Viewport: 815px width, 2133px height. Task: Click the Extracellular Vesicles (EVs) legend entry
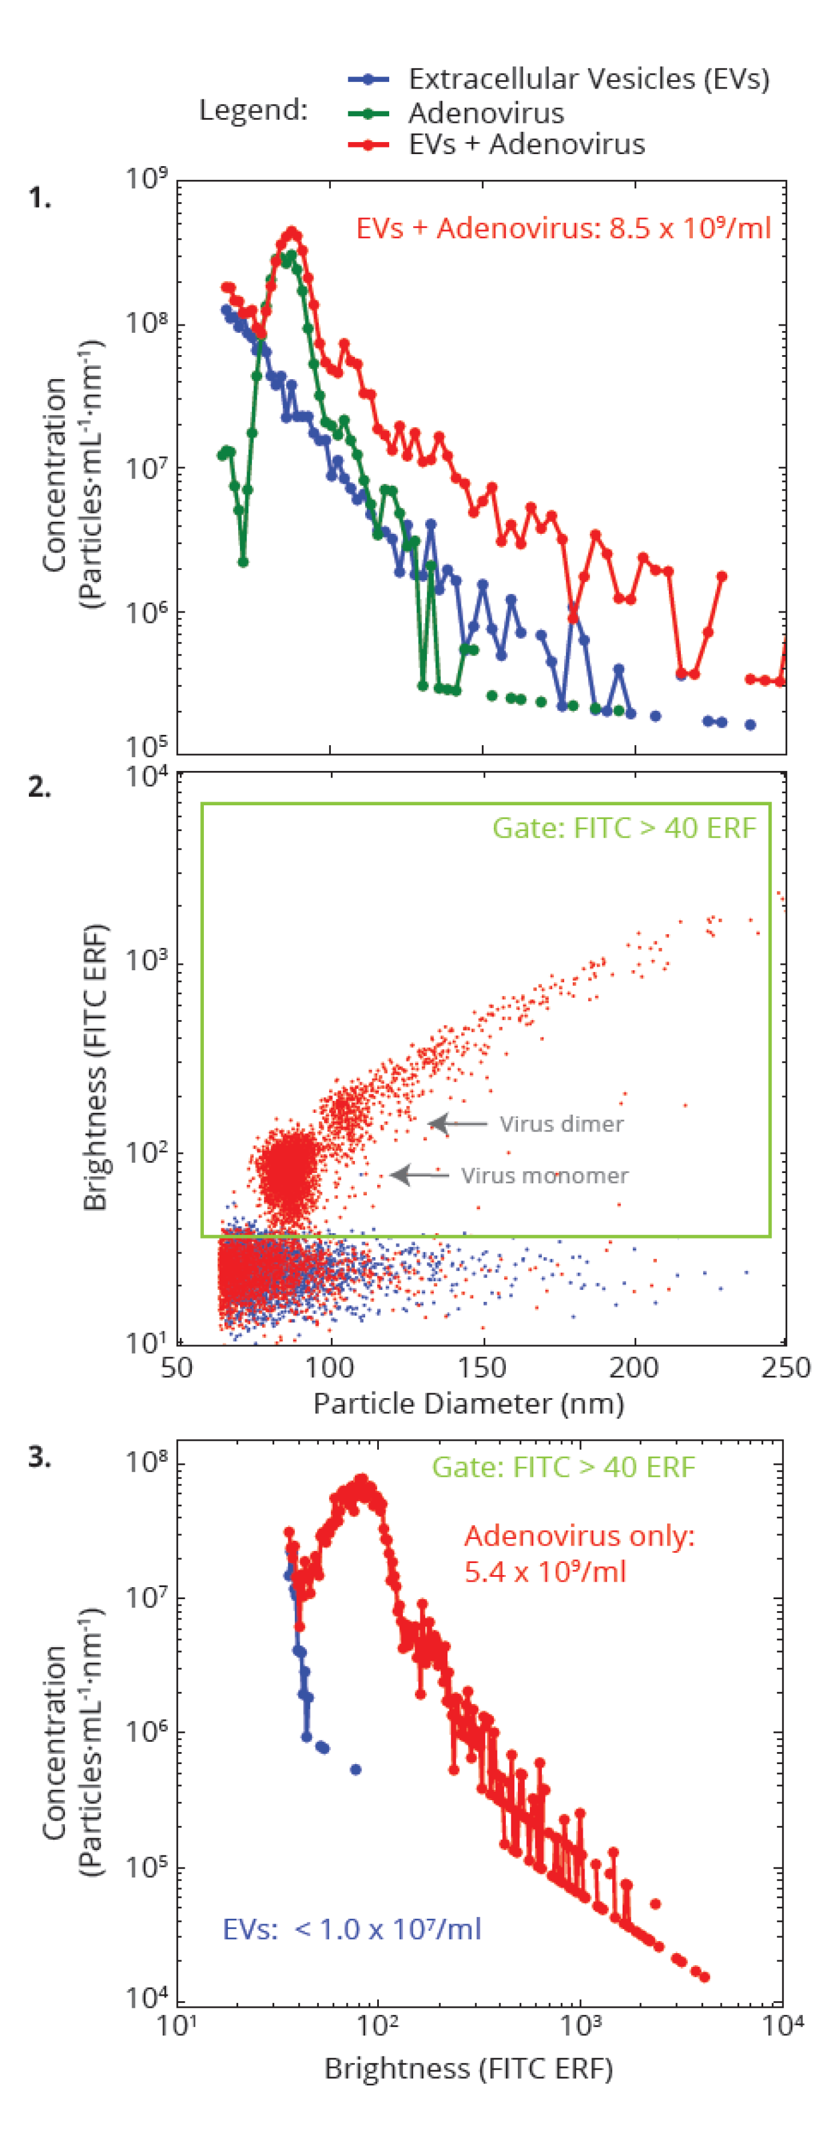pyautogui.click(x=588, y=79)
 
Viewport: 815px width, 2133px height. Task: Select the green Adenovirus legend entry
pyautogui.click(x=485, y=113)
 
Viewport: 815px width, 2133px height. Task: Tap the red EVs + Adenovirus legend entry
pyautogui.click(x=526, y=144)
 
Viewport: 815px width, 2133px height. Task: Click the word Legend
pyautogui.click(x=253, y=110)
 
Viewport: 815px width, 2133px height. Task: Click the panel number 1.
pyautogui.click(x=39, y=198)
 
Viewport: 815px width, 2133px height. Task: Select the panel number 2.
pyautogui.click(x=39, y=787)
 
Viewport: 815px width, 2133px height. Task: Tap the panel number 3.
pyautogui.click(x=39, y=1457)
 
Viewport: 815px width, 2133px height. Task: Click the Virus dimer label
pyautogui.click(x=561, y=1124)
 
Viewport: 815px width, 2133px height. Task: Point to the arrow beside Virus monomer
pyautogui.click(x=419, y=1174)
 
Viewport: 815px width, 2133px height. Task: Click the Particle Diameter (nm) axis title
pyautogui.click(x=469, y=1404)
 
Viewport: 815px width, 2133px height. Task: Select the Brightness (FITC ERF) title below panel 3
pyautogui.click(x=469, y=2069)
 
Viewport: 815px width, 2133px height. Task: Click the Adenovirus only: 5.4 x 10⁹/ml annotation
pyautogui.click(x=579, y=1553)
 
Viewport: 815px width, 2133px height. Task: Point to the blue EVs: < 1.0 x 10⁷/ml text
pyautogui.click(x=352, y=1930)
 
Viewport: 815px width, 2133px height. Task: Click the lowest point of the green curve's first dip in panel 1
pyautogui.click(x=242, y=562)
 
